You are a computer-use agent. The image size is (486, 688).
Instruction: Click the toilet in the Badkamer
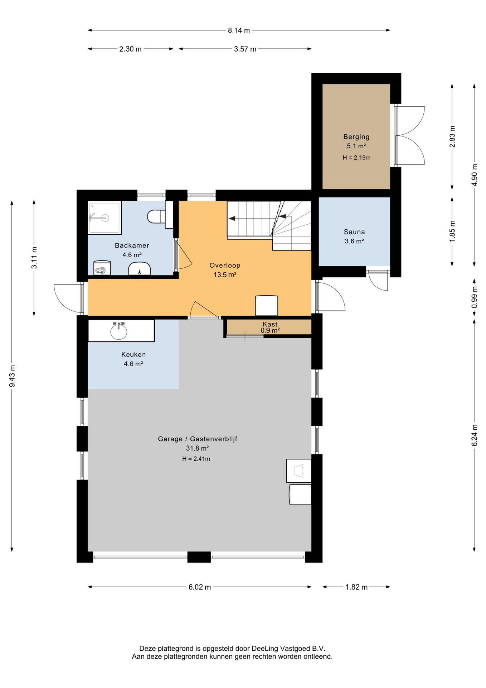click(156, 216)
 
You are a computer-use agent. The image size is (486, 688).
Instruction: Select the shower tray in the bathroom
click(105, 218)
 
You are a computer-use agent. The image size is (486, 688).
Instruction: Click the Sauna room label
click(354, 232)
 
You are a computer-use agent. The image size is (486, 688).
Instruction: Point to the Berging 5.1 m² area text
click(356, 146)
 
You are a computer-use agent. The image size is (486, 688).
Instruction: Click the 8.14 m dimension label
click(239, 30)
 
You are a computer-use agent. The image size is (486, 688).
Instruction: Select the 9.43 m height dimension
click(12, 376)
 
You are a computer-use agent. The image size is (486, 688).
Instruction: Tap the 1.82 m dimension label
click(356, 587)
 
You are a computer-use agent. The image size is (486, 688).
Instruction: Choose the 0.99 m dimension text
click(475, 297)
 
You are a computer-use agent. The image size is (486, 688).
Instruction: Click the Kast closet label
click(270, 324)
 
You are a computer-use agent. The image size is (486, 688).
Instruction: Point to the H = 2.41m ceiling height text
click(196, 459)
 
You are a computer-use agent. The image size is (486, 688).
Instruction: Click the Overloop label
click(225, 266)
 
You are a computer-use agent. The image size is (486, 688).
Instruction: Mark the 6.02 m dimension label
click(200, 587)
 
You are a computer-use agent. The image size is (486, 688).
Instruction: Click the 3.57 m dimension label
click(245, 49)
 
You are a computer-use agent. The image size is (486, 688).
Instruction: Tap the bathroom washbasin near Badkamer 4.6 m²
click(139, 268)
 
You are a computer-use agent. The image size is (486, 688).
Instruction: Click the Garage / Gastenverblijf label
click(198, 439)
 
